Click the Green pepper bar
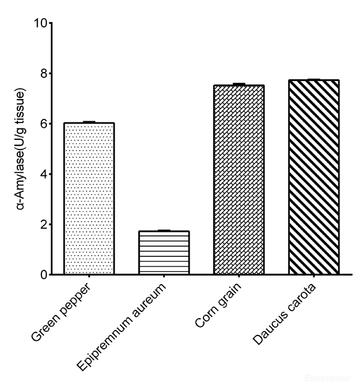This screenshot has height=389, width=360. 89,199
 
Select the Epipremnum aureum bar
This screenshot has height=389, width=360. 164,253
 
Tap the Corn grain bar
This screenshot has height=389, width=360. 239,180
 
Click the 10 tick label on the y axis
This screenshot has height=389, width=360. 40,23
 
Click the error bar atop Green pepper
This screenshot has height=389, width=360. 89,122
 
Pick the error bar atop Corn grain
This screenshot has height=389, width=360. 239,85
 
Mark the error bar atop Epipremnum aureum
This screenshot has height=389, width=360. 164,231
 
